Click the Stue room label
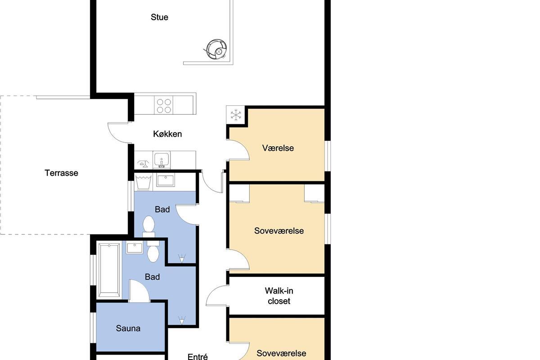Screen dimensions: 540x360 159,17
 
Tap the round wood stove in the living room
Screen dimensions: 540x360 216,49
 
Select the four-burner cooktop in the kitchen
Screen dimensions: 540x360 164,105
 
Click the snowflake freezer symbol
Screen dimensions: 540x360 235,115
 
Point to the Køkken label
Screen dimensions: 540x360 167,134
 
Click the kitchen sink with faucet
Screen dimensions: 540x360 161,160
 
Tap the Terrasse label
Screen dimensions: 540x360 61,173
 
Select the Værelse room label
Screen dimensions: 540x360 278,148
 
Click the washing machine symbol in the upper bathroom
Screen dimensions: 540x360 144,183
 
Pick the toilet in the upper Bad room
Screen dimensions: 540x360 148,227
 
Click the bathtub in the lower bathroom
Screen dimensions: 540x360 109,270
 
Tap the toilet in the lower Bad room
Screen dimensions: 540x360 153,251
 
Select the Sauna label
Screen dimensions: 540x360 128,328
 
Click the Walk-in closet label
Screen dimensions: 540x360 279,296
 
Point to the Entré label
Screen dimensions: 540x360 198,356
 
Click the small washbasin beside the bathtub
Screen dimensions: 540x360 135,248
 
